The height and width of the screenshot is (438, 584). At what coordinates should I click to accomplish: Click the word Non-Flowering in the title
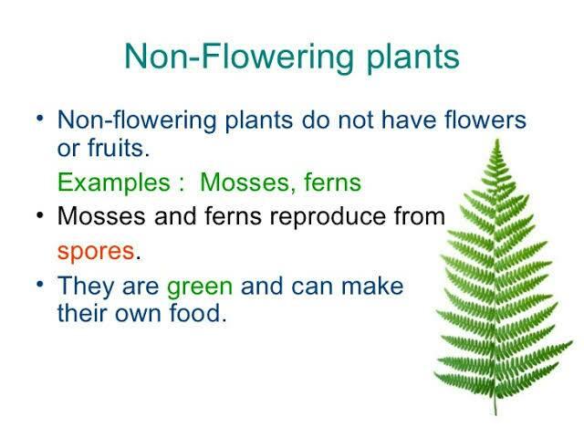point(238,57)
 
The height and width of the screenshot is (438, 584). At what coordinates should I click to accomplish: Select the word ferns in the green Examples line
point(332,182)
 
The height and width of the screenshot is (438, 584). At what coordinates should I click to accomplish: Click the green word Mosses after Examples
point(245,182)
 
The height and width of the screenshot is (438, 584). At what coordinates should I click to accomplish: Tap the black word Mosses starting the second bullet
point(101,216)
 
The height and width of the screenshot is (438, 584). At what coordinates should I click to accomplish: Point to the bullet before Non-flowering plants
point(40,119)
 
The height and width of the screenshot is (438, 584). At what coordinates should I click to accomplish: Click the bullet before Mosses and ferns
point(40,215)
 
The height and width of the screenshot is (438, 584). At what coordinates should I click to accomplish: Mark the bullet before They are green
point(40,285)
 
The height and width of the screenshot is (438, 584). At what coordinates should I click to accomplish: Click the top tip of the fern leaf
point(497,140)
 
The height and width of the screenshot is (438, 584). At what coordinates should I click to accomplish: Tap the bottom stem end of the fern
point(495,415)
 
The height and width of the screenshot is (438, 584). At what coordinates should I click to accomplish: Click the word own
point(138,315)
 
